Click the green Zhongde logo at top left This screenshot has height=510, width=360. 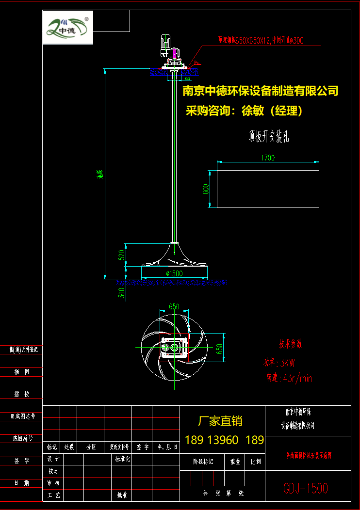point(68,27)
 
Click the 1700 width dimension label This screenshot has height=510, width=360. point(267,158)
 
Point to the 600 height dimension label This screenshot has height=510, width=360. point(206,189)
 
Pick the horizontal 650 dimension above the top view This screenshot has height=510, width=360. point(174,306)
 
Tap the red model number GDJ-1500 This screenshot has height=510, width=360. point(306,488)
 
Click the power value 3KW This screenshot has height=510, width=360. point(285,363)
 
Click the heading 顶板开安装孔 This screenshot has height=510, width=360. point(268,137)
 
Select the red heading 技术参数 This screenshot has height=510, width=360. point(290,345)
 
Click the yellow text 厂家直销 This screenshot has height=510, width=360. point(220,421)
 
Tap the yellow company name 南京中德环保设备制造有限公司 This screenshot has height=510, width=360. point(260,91)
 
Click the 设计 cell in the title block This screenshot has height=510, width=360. point(53,459)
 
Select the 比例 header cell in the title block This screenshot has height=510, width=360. point(255,462)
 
